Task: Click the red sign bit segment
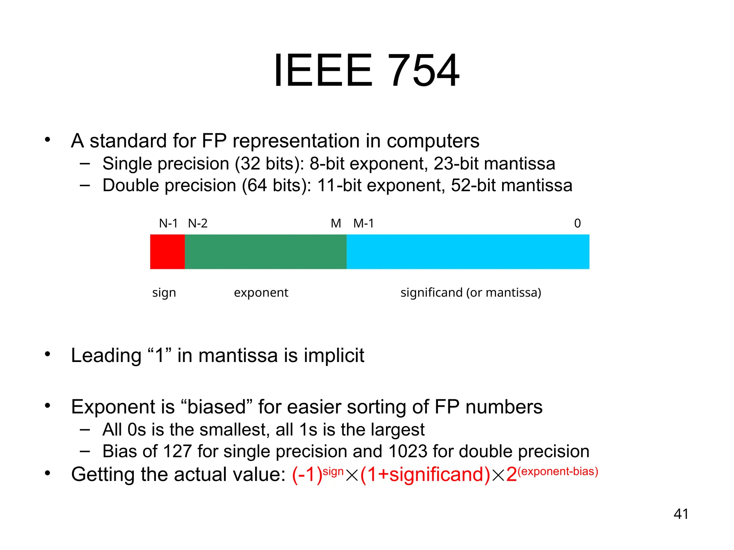point(167,252)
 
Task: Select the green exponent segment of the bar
point(266,252)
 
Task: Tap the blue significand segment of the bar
point(468,252)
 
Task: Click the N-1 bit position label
point(168,223)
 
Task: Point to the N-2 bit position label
point(198,223)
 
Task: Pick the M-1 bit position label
point(363,223)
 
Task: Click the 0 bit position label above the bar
point(577,223)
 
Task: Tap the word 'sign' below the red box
point(164,293)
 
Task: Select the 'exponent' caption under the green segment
point(261,293)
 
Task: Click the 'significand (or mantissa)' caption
point(471,293)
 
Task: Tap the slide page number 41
point(681,514)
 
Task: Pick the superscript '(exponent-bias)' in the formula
point(558,471)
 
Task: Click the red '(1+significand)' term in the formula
point(425,474)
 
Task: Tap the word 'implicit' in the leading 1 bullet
point(334,356)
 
